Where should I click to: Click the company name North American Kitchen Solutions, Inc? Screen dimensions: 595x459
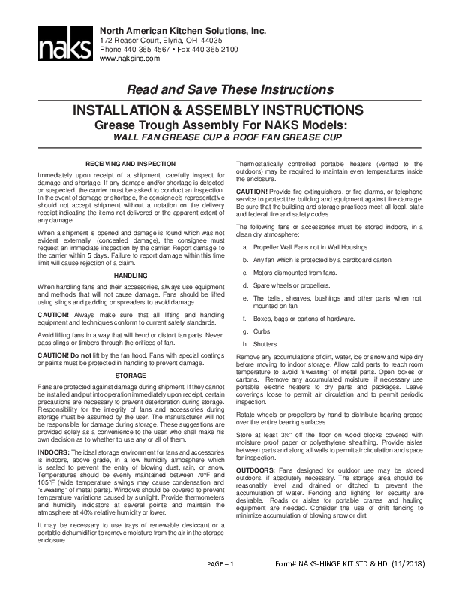[183, 29]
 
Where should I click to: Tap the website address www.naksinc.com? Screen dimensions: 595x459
[130, 58]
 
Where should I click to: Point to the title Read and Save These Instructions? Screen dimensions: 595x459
[229, 90]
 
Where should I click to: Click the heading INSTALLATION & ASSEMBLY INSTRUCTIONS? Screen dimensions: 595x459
[229, 110]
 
